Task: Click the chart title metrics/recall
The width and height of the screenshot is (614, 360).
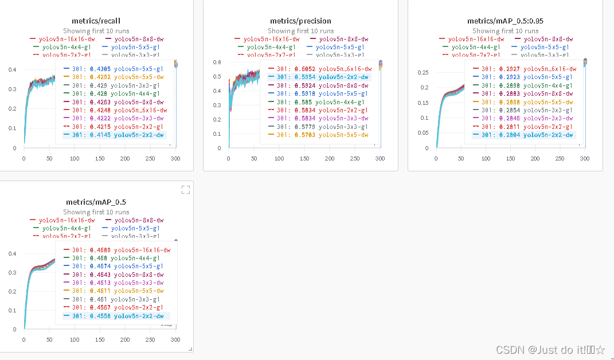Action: (96, 21)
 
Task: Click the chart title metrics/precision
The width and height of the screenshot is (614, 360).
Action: (300, 21)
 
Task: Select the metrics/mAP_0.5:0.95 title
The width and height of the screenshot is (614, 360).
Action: (505, 21)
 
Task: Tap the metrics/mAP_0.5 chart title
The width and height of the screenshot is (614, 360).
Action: (96, 202)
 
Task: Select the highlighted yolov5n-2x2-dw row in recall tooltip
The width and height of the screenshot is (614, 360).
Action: (114, 135)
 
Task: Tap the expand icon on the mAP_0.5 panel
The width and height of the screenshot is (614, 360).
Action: (186, 190)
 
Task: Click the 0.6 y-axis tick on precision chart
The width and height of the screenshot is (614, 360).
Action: (218, 62)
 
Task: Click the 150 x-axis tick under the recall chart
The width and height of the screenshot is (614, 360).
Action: (99, 159)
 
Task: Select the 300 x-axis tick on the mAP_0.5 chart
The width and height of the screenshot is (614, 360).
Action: (175, 340)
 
